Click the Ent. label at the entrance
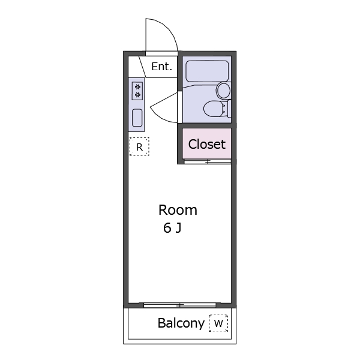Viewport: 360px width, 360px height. (x=161, y=67)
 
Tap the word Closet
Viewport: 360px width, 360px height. (x=207, y=144)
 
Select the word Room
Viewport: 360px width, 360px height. (x=178, y=210)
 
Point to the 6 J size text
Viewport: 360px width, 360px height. (x=172, y=228)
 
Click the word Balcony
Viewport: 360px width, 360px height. (x=181, y=323)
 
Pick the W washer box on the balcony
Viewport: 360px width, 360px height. (x=218, y=323)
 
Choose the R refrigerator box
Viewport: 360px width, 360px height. (x=139, y=146)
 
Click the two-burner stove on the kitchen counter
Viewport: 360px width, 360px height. (x=137, y=91)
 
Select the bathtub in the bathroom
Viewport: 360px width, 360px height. (x=206, y=71)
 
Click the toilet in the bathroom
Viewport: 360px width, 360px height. (x=214, y=109)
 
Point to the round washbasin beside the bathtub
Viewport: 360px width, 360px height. (x=224, y=91)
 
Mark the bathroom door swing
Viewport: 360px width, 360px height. (x=164, y=109)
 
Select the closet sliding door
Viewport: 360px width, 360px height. (x=207, y=161)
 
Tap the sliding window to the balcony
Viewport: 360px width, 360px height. (x=179, y=305)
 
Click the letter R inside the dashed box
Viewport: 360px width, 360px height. (x=139, y=146)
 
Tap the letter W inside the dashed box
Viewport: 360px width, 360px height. (x=218, y=323)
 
